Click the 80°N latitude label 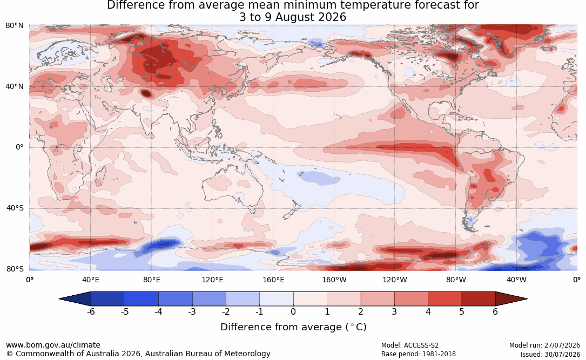tap(14, 26)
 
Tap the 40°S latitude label tap(15, 208)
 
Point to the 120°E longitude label tap(212, 280)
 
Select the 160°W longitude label tap(334, 280)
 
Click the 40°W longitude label tap(516, 280)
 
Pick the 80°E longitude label tap(151, 280)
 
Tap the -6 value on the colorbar tap(90, 311)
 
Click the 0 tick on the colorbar tap(293, 311)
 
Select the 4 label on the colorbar tap(428, 311)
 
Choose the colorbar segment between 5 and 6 tap(479, 299)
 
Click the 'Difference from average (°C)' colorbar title tap(293, 327)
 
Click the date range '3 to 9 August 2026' tap(293, 17)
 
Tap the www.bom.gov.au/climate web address tap(53, 345)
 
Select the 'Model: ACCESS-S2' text tap(409, 345)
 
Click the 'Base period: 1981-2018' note tap(418, 354)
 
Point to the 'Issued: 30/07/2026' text tap(550, 354)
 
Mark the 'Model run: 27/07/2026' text tap(544, 345)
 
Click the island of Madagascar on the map tap(99, 176)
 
